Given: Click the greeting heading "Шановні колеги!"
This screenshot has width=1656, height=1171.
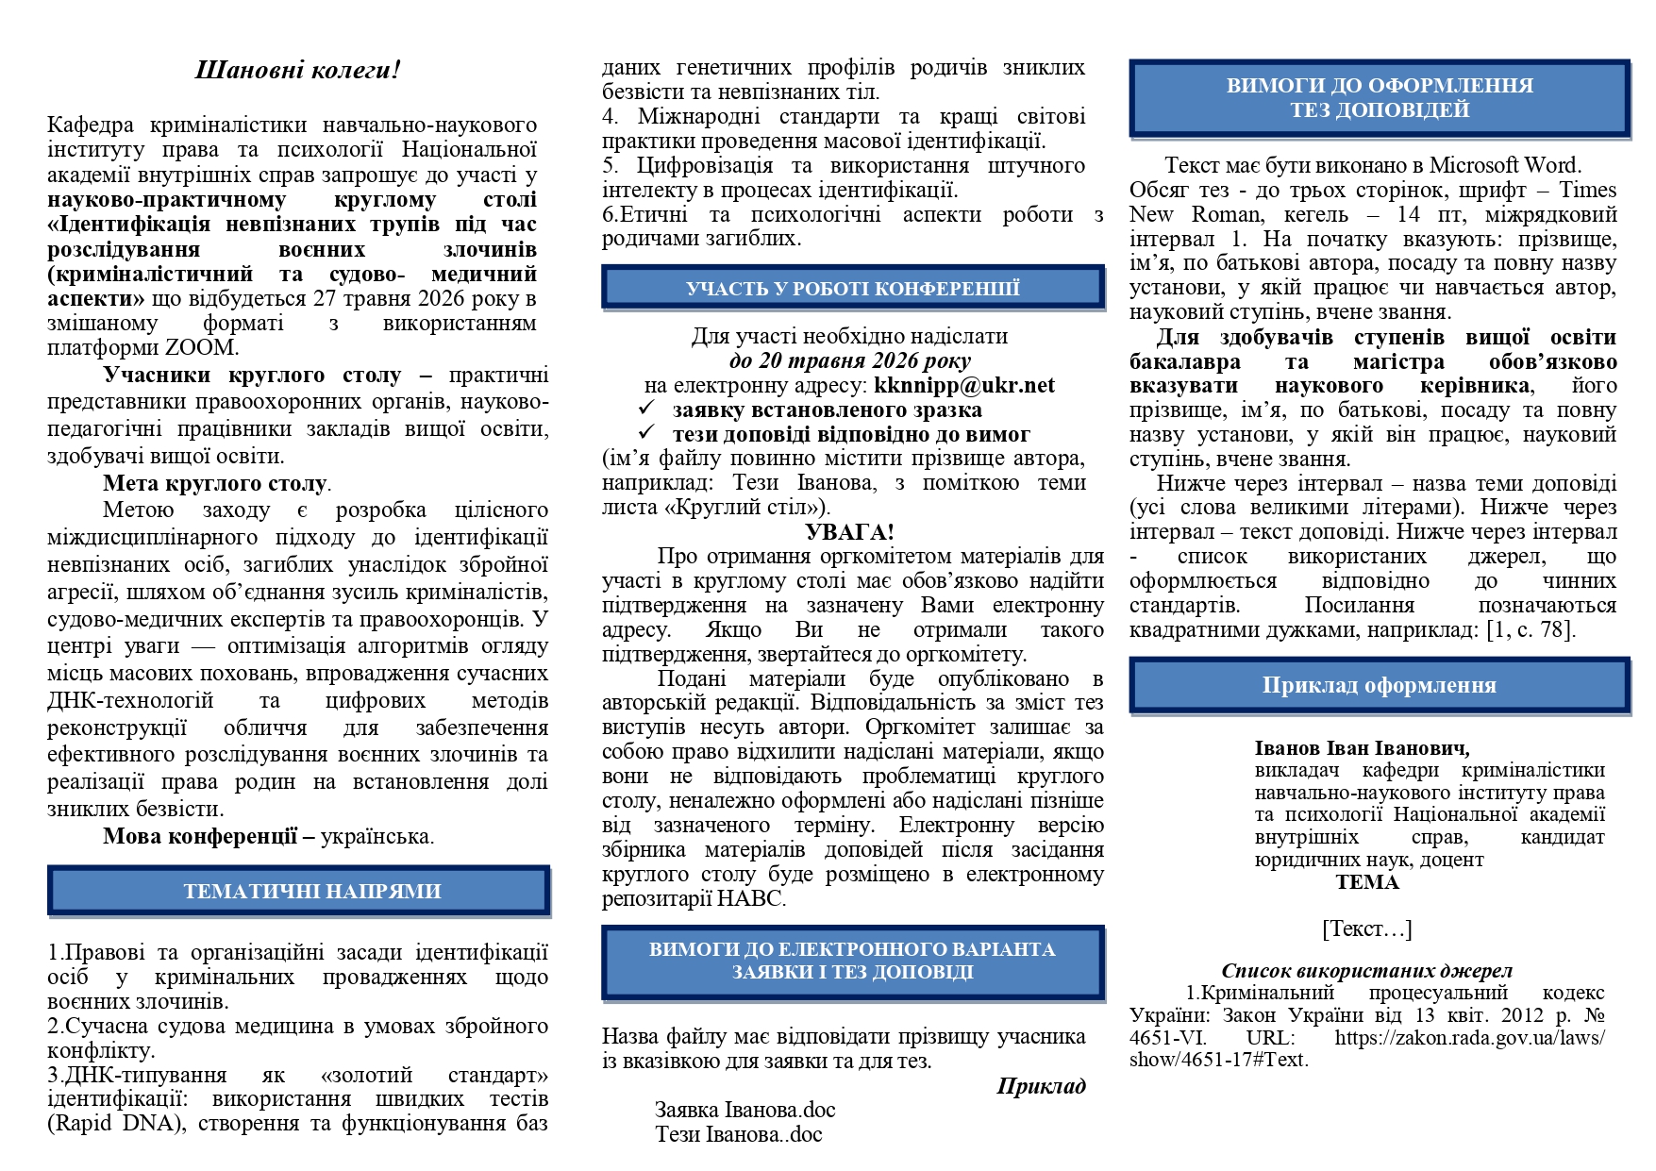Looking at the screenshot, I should tap(297, 70).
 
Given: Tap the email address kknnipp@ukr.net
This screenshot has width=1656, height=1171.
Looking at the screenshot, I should tap(963, 385).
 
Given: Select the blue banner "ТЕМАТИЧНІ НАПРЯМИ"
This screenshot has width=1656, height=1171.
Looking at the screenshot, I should tap(298, 891).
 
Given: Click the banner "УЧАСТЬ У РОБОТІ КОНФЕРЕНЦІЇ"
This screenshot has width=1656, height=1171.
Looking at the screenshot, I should tap(852, 288).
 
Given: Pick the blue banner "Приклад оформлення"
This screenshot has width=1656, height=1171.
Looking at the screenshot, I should tap(1379, 686).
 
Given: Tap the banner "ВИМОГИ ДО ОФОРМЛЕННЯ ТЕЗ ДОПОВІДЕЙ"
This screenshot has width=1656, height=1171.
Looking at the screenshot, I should tap(1379, 98).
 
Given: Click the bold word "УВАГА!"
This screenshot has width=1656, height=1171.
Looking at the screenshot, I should tap(849, 532).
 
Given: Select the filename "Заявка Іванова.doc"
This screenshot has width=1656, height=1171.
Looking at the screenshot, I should tap(744, 1110).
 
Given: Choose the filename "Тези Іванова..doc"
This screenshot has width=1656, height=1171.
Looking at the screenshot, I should tap(738, 1134).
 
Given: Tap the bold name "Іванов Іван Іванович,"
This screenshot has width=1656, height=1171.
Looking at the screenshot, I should tap(1362, 748).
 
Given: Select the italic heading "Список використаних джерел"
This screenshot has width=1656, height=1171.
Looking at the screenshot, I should tap(1366, 970).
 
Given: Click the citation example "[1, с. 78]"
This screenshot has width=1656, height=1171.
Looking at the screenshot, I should tap(1530, 629).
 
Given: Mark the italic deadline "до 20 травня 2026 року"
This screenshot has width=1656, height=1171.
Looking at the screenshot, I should tap(849, 360).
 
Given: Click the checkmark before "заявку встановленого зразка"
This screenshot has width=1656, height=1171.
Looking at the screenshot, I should tap(646, 410).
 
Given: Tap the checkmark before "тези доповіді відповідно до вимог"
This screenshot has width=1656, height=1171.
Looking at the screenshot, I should tap(646, 434).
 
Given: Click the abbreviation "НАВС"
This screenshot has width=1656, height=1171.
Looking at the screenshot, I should tap(750, 898).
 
